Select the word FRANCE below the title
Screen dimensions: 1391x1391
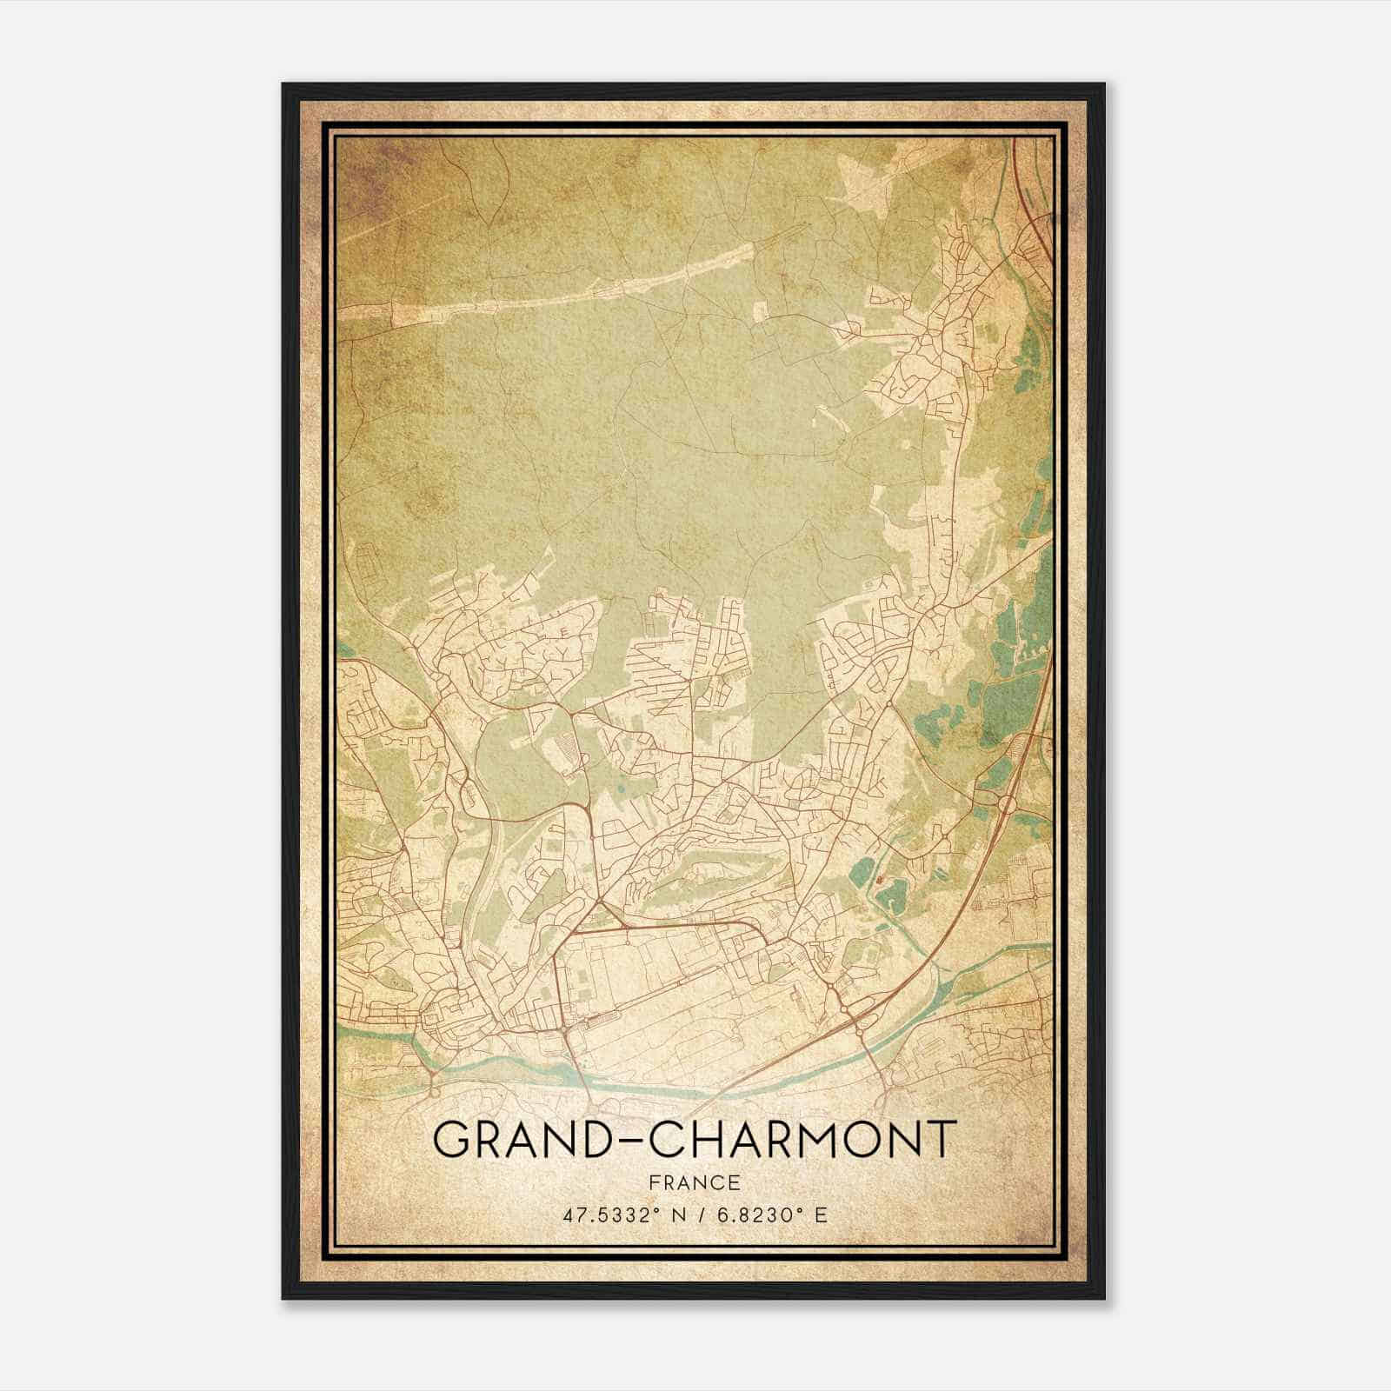coord(694,1182)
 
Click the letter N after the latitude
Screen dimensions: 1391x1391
coord(666,1215)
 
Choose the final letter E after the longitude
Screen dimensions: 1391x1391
coord(821,1215)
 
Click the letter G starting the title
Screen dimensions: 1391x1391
coord(454,1141)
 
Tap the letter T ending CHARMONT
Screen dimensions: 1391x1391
coord(941,1141)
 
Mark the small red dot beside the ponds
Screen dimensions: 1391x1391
coord(880,880)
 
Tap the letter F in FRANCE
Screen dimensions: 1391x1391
coord(655,1182)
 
